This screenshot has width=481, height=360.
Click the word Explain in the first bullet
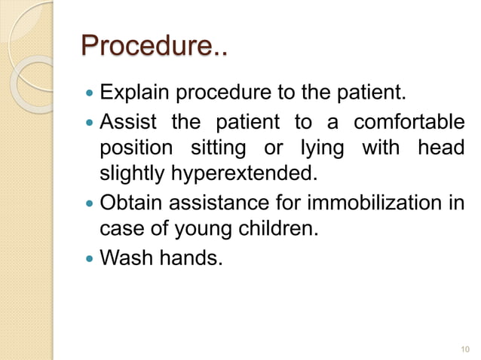pyautogui.click(x=129, y=95)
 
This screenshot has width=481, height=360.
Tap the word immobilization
pyautogui.click(x=369, y=203)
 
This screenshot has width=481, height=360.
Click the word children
pyautogui.click(x=276, y=228)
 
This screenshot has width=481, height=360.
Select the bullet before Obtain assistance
pyautogui.click(x=90, y=203)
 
